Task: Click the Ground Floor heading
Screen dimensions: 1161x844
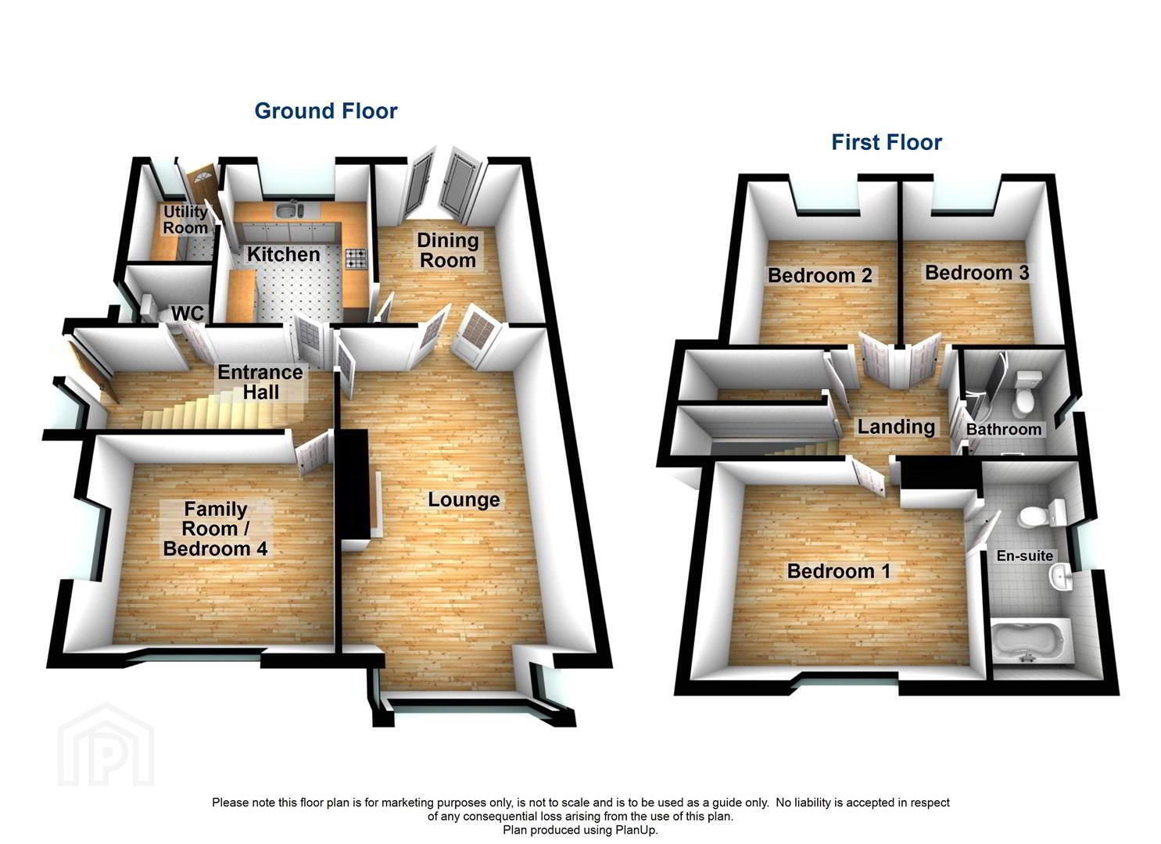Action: coord(326,111)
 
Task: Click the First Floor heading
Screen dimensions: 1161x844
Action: coord(887,142)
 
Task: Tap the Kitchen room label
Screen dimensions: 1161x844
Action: coord(284,255)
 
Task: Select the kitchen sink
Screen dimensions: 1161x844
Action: coord(289,209)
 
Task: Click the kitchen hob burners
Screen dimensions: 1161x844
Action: coord(356,258)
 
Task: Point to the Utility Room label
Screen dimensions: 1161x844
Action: coord(185,220)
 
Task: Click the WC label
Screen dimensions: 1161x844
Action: coord(188,313)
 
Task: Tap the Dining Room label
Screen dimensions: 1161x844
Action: coord(448,250)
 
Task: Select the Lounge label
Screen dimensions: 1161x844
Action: coord(464,499)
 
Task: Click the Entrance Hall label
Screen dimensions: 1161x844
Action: coord(260,382)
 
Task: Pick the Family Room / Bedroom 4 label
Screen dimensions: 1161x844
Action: coord(215,528)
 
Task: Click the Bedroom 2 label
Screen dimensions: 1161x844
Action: coord(820,275)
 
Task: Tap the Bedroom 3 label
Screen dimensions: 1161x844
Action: coord(977,273)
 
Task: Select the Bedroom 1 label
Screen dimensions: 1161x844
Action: coord(839,571)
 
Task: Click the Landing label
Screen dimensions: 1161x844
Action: coord(896,427)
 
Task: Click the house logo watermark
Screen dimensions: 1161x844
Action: coord(106,745)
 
